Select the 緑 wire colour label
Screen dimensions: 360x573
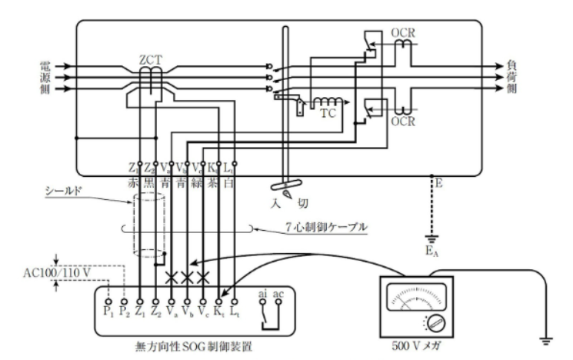click(x=202, y=181)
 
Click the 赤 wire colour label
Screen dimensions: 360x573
click(x=138, y=181)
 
